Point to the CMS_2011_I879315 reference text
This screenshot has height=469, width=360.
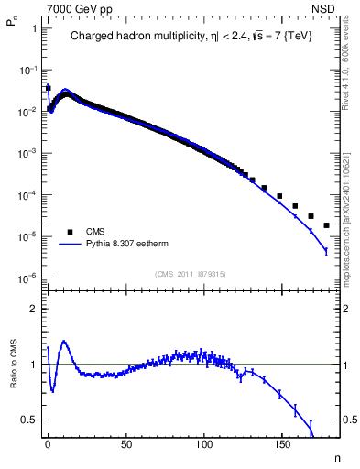pos(191,274)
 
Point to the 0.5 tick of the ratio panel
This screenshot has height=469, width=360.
pos(27,420)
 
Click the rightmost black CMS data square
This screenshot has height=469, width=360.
pos(326,224)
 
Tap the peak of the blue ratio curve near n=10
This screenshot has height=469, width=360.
pos(63,342)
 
